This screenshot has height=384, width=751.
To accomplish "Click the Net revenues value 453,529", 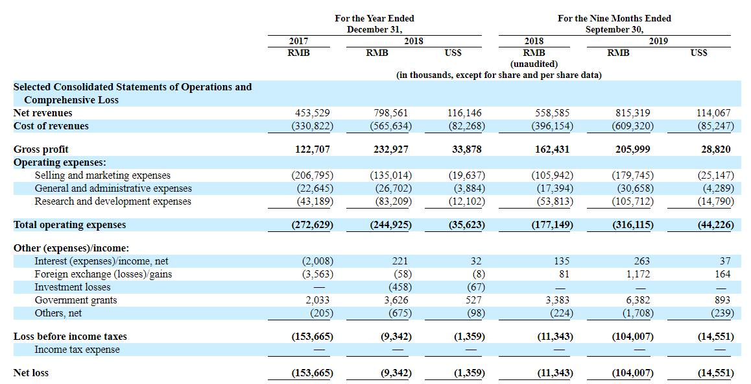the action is coord(313,113).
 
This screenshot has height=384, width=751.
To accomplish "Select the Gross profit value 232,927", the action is coord(391,149).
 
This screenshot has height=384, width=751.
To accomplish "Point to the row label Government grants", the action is coord(76,300).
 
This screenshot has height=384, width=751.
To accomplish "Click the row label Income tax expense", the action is coord(77,350).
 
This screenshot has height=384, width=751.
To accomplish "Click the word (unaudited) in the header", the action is coord(534,64).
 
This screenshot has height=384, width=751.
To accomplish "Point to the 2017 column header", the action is coord(298,42).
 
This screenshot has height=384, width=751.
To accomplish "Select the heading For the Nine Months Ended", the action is coord(615,18).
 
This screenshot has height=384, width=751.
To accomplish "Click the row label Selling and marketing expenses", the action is coord(102,175).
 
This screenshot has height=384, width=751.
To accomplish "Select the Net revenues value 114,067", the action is coord(713,113).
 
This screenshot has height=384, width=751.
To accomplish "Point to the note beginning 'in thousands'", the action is coord(499,75).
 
